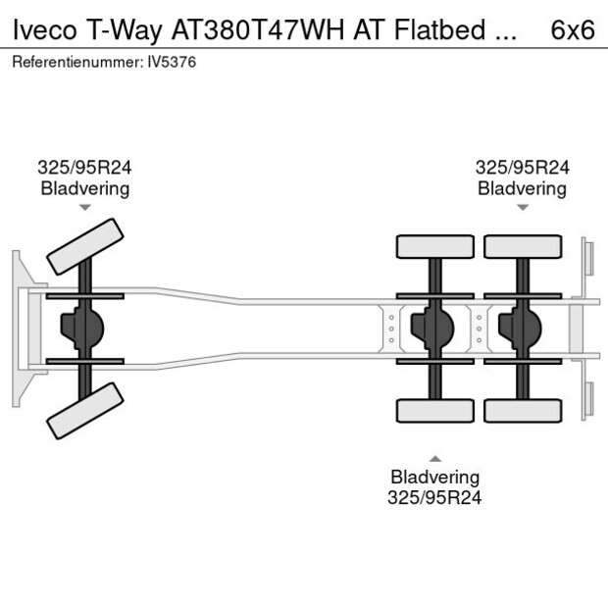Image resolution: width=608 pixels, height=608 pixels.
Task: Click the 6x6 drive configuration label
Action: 573,29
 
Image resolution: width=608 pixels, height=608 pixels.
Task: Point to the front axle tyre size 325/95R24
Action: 84,168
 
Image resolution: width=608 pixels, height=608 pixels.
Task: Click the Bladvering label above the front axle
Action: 84,188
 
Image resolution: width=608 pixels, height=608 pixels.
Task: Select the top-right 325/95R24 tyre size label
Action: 522,168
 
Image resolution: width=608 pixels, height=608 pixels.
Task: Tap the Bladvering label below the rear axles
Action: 435,477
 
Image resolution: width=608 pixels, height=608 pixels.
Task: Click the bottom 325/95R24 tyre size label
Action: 435,497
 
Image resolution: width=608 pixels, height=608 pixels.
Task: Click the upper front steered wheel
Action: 85,246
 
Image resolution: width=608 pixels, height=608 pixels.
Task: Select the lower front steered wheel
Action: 85,410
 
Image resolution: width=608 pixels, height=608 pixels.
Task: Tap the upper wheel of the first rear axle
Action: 434,246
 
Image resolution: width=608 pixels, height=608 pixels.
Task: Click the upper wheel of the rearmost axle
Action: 522,246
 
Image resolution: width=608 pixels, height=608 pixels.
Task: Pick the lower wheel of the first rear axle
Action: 434,410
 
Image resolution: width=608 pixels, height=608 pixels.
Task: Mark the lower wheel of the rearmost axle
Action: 522,410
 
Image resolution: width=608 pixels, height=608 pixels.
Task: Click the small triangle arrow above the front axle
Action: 84,208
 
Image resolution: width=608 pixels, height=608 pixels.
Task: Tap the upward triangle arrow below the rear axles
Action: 435,458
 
